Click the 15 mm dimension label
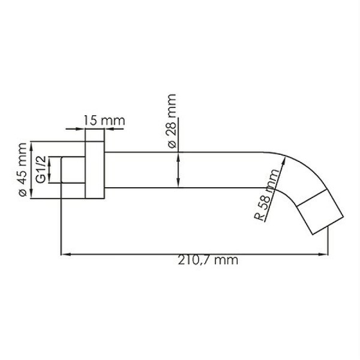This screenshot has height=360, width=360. point(103,120)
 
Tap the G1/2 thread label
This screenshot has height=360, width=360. point(41,170)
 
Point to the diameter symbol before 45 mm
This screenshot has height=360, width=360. point(23,192)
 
